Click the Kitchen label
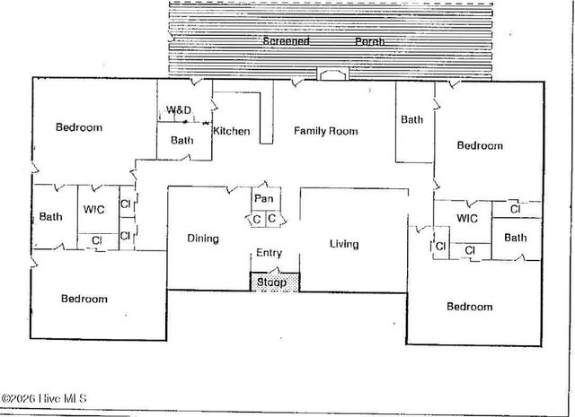pyautogui.click(x=231, y=132)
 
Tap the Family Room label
pyautogui.click(x=326, y=131)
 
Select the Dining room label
pyautogui.click(x=203, y=239)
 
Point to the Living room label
pyautogui.click(x=344, y=244)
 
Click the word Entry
pyautogui.click(x=270, y=254)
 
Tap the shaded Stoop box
pyautogui.click(x=271, y=282)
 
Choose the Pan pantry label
pyautogui.click(x=263, y=198)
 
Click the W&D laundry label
pyautogui.click(x=178, y=111)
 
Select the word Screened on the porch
pyautogui.click(x=286, y=41)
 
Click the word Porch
pyautogui.click(x=369, y=41)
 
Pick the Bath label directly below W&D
pyautogui.click(x=182, y=140)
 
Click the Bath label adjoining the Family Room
pyautogui.click(x=412, y=119)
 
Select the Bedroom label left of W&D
pyautogui.click(x=79, y=127)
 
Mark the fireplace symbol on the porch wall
pyautogui.click(x=331, y=76)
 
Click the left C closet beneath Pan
pyautogui.click(x=256, y=219)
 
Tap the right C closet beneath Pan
pyautogui.click(x=272, y=219)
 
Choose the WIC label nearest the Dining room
pyautogui.click(x=94, y=210)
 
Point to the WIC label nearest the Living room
pyautogui.click(x=467, y=218)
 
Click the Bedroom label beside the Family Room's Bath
pyautogui.click(x=479, y=145)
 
